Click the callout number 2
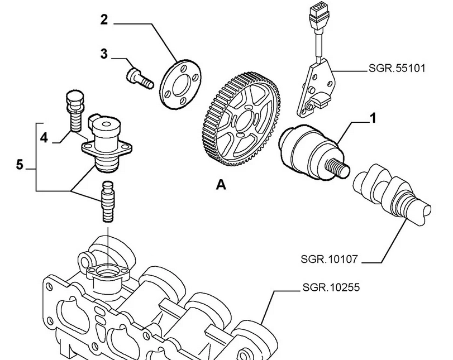[x=104, y=20]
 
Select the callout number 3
[x=104, y=54]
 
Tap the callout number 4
[x=44, y=138]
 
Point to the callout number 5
[x=20, y=165]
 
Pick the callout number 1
[x=373, y=118]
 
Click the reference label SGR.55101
[x=397, y=69]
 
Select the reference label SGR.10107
[x=329, y=259]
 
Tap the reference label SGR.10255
[x=331, y=287]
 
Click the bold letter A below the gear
[x=221, y=185]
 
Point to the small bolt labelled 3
[x=140, y=78]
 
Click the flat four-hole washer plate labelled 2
[x=181, y=84]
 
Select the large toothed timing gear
[x=240, y=119]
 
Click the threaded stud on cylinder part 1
[x=337, y=168]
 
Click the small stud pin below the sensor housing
[x=108, y=201]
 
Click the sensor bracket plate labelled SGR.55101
[x=316, y=88]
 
